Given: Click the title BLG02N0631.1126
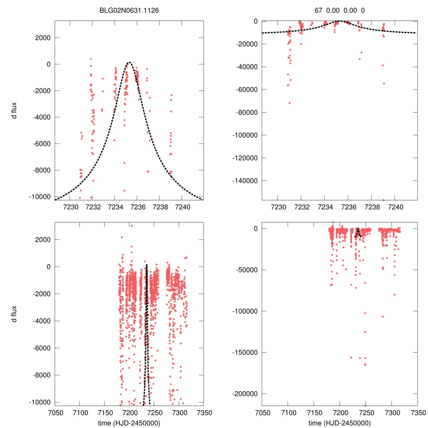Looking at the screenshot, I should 129,10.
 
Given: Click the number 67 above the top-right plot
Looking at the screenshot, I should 318,10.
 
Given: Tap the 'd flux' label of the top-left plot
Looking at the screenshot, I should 14,110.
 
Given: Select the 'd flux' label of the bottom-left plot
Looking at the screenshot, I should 14,313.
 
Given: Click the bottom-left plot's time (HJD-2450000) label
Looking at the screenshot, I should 129,423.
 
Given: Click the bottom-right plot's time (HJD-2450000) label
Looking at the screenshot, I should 339,423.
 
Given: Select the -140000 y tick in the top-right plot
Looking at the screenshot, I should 245,181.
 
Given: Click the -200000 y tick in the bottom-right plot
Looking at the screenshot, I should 245,394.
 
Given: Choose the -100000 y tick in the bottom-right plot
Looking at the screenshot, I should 245,311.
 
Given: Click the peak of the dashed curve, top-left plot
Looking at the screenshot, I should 129,62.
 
